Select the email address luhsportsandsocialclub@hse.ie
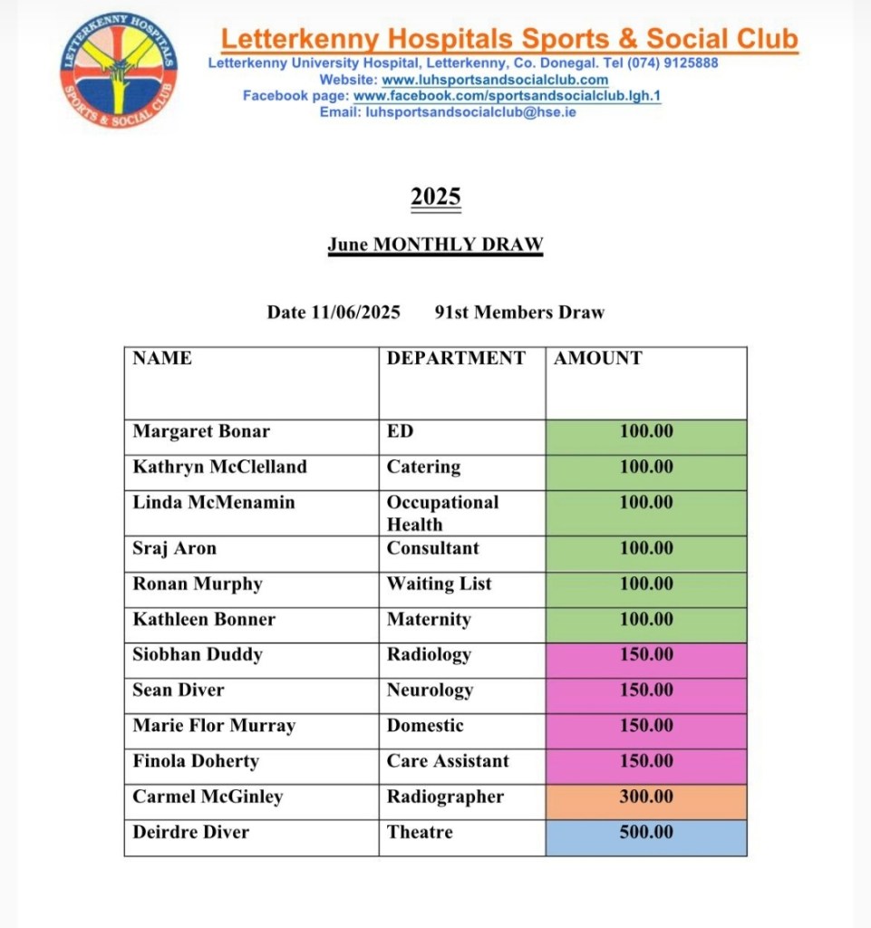pos(469,112)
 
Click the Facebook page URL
pos(507,96)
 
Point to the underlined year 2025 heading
pos(436,197)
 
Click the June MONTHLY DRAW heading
pos(435,245)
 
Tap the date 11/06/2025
pos(355,313)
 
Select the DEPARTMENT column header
pos(456,358)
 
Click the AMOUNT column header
pos(598,358)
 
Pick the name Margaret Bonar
pos(201,431)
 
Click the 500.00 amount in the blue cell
pos(646,832)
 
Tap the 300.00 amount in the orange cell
pos(646,797)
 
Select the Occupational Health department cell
pos(442,513)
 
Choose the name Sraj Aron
pos(175,548)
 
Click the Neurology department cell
pos(430,690)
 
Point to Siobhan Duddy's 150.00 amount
pos(646,654)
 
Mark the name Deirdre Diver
pos(190,832)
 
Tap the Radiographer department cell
pos(445,797)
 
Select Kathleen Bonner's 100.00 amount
pos(646,619)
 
